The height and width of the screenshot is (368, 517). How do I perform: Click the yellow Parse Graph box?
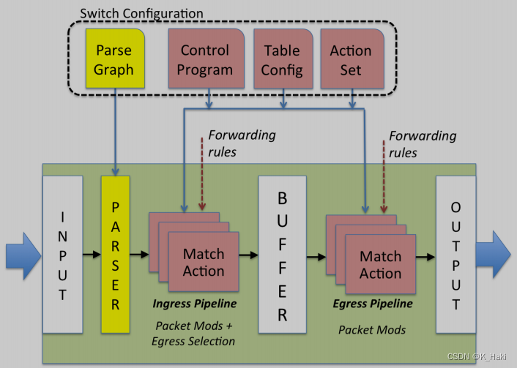[x=114, y=60]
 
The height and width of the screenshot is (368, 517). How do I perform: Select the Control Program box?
[x=206, y=60]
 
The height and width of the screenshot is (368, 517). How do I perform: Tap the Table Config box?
[x=282, y=60]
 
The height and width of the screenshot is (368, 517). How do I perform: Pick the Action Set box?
[x=351, y=60]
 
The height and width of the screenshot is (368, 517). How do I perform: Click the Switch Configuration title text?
[x=141, y=13]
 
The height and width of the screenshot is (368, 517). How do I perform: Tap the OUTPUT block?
[x=455, y=253]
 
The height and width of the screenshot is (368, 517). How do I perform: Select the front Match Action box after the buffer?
[x=380, y=265]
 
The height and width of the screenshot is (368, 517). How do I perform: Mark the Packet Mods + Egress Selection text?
[x=193, y=334]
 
